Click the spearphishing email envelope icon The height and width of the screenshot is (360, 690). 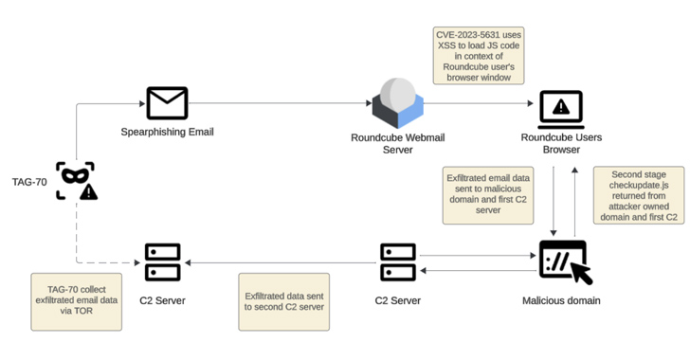click(167, 103)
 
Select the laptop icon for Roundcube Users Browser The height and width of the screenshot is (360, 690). click(561, 110)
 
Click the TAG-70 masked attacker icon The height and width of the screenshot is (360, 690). click(76, 180)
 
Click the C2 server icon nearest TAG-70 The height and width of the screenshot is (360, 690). click(163, 261)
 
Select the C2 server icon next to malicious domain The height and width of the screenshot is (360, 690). click(398, 261)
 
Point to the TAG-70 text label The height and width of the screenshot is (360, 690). click(28, 181)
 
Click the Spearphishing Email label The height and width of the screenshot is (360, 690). click(167, 132)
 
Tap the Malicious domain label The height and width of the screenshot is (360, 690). click(561, 300)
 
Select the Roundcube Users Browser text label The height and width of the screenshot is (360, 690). click(561, 143)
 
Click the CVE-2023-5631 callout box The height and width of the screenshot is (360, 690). click(478, 56)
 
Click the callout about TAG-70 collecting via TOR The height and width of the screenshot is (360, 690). click(76, 300)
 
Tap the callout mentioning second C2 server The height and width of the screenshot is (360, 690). click(283, 301)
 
